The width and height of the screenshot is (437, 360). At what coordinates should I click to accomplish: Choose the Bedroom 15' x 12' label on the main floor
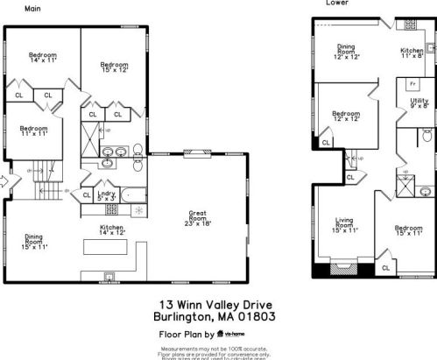114,67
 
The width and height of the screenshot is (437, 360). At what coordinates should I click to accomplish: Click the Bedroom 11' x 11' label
33,132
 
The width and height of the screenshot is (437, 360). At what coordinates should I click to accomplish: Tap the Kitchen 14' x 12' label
113,229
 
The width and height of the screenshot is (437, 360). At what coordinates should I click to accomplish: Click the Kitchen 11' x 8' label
412,53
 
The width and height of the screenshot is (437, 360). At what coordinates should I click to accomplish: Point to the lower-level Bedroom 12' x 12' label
346,116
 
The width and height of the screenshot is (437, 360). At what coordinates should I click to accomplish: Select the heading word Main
32,8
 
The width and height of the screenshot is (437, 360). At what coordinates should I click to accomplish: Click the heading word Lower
335,3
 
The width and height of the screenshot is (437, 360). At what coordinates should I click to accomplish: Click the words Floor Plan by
185,334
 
